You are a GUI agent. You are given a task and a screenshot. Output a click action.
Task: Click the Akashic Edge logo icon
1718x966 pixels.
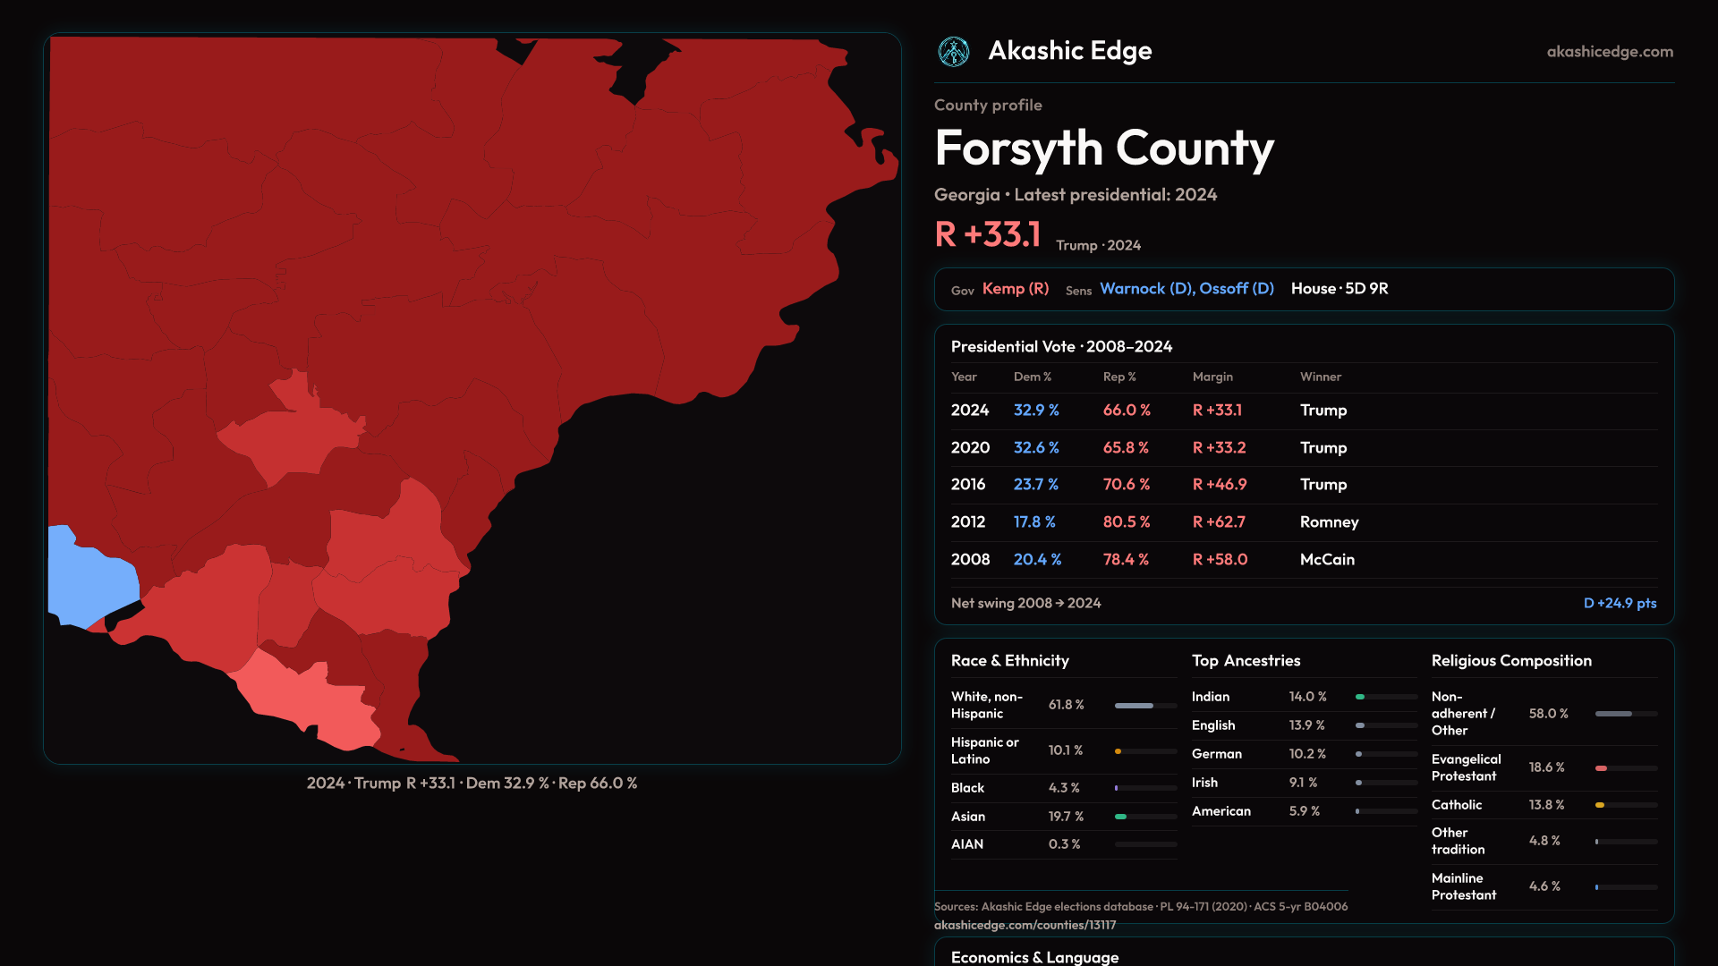954,52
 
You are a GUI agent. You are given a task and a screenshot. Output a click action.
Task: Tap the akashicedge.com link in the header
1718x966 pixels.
1610,52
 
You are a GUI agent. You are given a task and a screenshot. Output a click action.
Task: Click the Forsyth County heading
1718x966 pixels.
1104,148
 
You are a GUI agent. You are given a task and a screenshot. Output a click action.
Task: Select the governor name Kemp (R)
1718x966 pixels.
1016,289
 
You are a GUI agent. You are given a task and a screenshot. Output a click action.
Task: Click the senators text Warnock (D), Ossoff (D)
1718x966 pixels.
1186,289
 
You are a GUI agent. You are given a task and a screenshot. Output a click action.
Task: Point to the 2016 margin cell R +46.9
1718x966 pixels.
1220,485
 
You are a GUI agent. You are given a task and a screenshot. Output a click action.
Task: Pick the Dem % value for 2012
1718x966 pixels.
1034,522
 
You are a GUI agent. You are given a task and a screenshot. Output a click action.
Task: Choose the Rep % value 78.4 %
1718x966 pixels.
1126,560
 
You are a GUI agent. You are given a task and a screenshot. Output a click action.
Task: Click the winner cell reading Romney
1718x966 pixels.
1329,522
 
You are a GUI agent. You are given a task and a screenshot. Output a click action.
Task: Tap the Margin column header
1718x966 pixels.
1212,377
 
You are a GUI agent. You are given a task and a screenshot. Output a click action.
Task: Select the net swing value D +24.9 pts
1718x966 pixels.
1620,604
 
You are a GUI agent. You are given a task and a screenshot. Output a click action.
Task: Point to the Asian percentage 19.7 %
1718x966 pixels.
1066,817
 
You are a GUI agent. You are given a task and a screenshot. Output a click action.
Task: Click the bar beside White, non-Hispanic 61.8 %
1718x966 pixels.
1145,706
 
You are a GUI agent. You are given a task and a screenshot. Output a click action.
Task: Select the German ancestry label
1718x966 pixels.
1217,754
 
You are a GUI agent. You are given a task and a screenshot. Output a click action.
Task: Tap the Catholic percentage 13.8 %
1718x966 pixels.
1546,805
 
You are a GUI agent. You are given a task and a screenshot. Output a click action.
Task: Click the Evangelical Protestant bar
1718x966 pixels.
1626,768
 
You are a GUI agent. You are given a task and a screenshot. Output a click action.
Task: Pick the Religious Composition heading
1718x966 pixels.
1511,661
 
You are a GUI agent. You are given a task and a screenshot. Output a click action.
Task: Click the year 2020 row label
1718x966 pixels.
970,448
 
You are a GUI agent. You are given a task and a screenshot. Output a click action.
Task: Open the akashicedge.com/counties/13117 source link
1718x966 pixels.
1025,926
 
